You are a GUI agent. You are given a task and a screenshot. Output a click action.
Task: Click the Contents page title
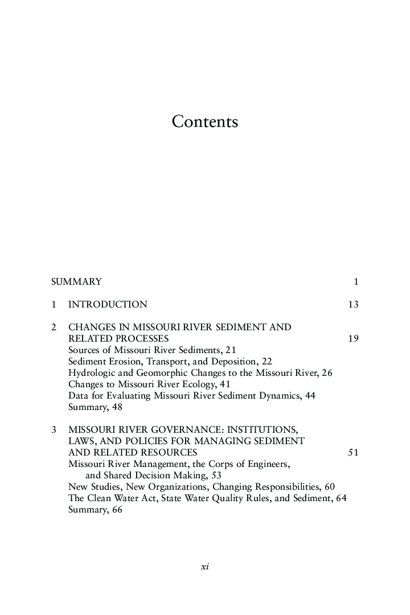pos(205,122)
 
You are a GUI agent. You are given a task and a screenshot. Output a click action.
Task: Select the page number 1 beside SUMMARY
pos(356,281)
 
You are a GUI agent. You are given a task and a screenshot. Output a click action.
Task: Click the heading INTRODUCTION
pos(108,304)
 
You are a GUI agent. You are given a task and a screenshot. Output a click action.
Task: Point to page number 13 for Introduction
pos(353,304)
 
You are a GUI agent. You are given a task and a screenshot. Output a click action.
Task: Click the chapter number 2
pos(54,327)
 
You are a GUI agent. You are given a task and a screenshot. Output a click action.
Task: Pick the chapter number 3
pos(54,429)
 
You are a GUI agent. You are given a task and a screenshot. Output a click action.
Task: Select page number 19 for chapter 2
pos(353,338)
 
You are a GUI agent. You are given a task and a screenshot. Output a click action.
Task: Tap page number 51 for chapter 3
pos(353,452)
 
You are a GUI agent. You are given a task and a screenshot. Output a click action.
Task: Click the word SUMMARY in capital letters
pos(76,281)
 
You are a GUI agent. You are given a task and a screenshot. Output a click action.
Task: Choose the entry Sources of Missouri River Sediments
pos(152,350)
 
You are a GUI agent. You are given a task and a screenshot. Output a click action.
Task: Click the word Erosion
pos(124,361)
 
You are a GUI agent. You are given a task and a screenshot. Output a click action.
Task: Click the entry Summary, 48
pos(95,407)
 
